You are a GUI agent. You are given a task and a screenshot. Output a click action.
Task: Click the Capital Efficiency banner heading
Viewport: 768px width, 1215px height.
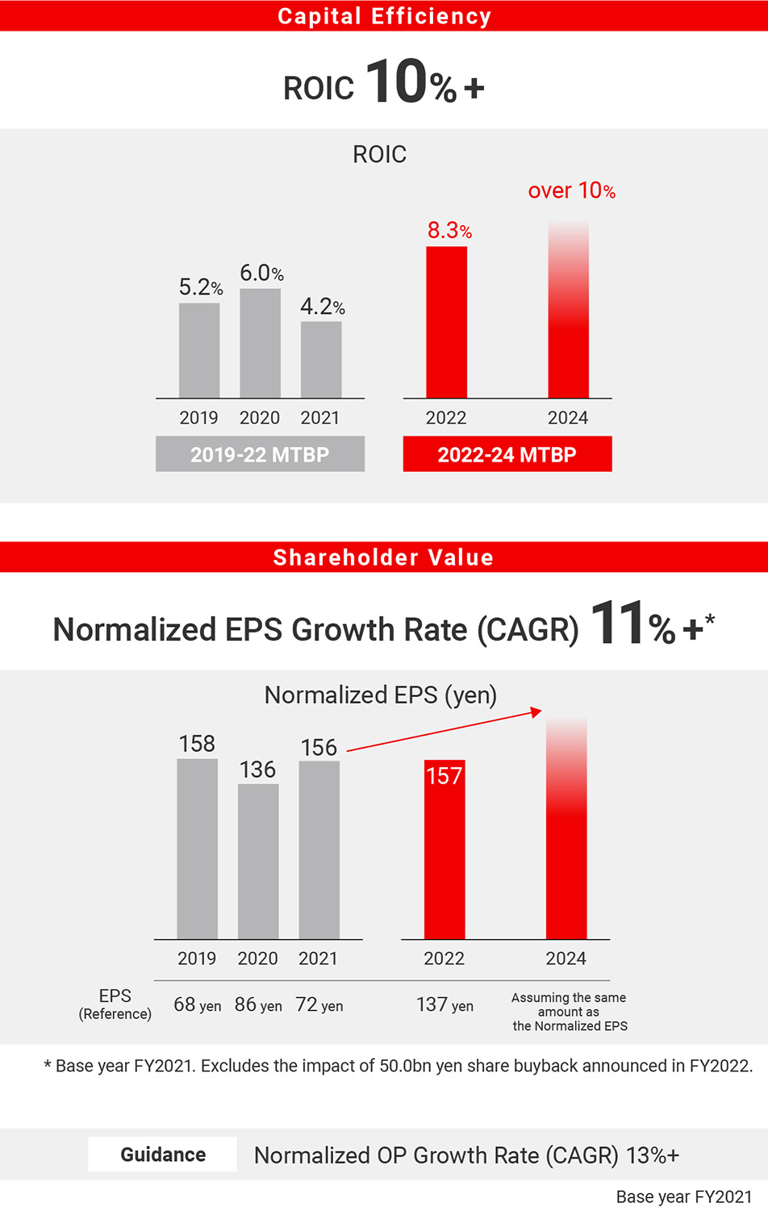[384, 16]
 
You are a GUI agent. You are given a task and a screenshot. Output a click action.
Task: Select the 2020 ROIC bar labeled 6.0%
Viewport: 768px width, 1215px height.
[260, 343]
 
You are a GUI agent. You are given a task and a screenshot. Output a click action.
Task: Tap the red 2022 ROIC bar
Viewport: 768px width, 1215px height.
[446, 323]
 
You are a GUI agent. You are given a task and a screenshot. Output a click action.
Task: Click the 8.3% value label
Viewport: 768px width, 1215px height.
[449, 231]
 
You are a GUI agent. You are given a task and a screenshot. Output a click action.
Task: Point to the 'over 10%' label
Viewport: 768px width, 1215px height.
[571, 191]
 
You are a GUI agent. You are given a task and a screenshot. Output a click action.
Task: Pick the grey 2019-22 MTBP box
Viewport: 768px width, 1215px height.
[260, 454]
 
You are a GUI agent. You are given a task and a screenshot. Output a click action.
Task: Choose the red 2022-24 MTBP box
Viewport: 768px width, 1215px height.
[507, 454]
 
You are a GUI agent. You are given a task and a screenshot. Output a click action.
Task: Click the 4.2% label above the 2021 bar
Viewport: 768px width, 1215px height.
[322, 307]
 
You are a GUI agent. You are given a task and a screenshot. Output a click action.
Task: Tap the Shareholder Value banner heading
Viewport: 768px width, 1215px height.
[384, 557]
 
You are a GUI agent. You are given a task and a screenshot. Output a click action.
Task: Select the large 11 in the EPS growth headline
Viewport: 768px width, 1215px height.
[617, 624]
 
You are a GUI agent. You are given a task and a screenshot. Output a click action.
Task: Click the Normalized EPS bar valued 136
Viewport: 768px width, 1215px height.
[258, 861]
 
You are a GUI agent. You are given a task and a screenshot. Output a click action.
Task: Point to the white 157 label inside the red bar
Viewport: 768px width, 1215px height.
[444, 776]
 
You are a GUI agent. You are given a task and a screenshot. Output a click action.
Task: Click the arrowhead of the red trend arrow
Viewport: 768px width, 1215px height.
[536, 712]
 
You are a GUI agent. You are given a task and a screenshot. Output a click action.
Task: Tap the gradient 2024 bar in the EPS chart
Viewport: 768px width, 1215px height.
[566, 831]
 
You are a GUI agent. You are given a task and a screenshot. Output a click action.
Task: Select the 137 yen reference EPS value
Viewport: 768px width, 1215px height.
[445, 1005]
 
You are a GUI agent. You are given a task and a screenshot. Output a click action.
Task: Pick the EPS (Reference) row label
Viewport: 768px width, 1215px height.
[115, 1004]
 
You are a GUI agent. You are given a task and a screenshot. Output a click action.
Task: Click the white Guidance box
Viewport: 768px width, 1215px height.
[162, 1154]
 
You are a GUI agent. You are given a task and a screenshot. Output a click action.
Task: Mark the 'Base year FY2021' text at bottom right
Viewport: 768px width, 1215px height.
[683, 1197]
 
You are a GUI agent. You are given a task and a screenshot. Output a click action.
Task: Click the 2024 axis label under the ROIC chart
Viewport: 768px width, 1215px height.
[568, 418]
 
